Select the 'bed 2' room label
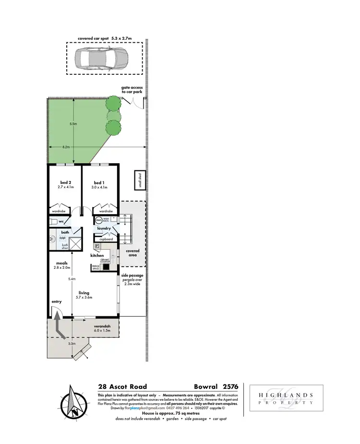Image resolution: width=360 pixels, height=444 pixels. click(x=66, y=182)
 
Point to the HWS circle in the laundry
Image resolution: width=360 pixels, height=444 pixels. click(x=98, y=220)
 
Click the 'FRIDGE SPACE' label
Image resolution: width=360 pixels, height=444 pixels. click(x=96, y=268)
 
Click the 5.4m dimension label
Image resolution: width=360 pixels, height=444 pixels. click(x=72, y=279)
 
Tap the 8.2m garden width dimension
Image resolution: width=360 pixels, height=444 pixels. click(x=66, y=146)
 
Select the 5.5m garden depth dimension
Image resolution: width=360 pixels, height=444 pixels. click(x=73, y=123)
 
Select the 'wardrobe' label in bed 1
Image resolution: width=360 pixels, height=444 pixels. click(x=106, y=211)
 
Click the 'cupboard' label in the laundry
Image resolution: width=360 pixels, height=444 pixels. click(x=106, y=239)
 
